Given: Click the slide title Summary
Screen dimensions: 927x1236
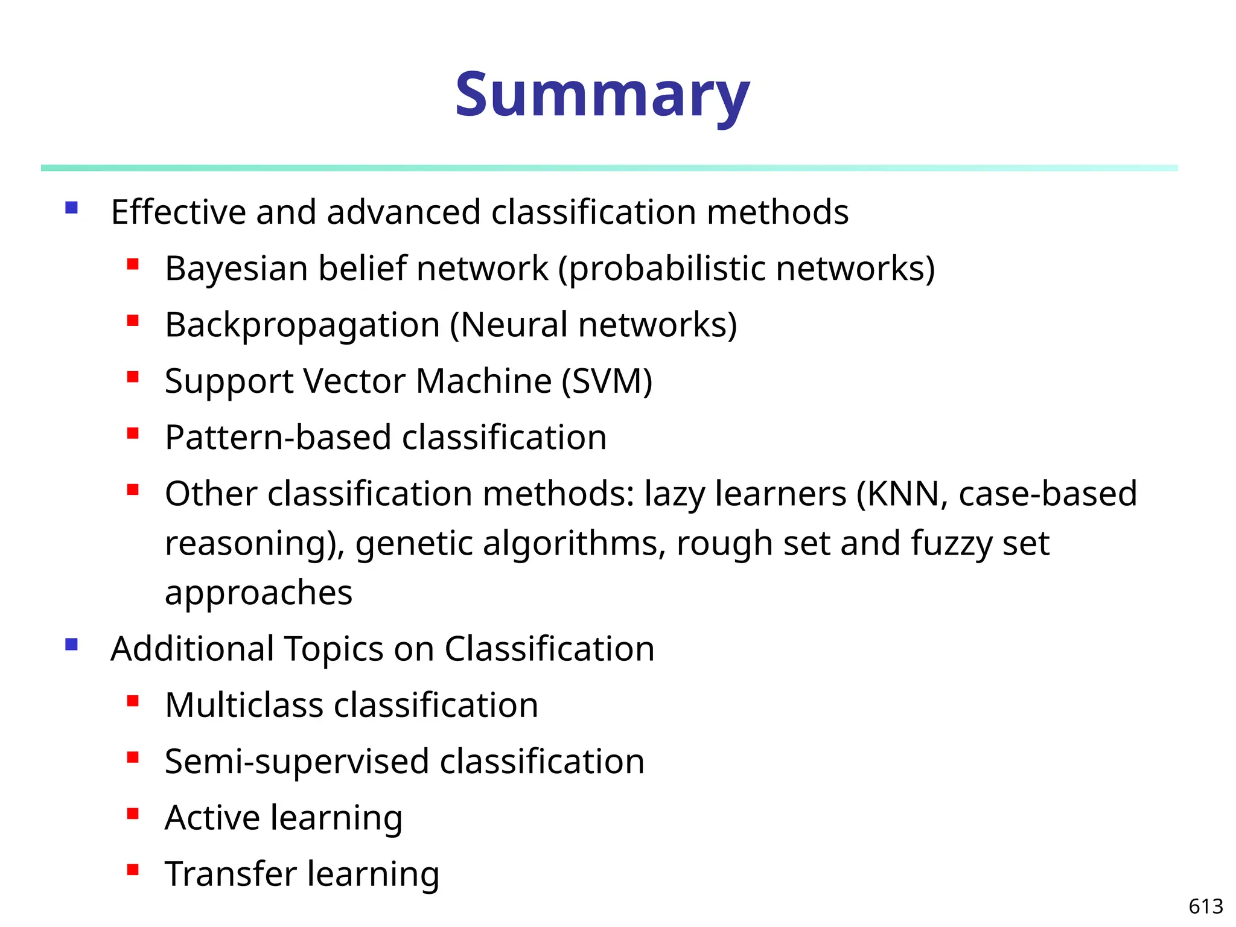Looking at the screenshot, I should tap(602, 95).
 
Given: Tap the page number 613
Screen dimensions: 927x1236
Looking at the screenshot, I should tap(1205, 906).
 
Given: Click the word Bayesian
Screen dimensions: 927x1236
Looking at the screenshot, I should tap(236, 269).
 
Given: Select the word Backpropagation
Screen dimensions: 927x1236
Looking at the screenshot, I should tap(302, 325).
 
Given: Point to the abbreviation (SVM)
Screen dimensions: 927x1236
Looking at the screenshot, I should tap(607, 381).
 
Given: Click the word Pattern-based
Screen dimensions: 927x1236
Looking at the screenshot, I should tap(278, 437).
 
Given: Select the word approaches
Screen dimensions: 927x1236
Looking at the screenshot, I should tap(258, 593).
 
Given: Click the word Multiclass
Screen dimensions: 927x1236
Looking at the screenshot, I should tap(244, 705).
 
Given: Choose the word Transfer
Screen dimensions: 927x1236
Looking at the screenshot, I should tap(231, 874).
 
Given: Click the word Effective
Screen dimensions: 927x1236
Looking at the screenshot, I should tap(179, 212).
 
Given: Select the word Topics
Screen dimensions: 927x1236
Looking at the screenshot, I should tap(333, 649).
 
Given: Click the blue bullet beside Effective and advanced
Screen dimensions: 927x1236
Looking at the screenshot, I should tap(72, 208).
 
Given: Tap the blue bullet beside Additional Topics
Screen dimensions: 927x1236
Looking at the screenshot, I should tap(72, 645).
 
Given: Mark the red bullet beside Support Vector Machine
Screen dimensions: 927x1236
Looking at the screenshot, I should tap(133, 377).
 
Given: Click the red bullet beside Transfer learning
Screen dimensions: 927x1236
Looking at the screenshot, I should tap(133, 870).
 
